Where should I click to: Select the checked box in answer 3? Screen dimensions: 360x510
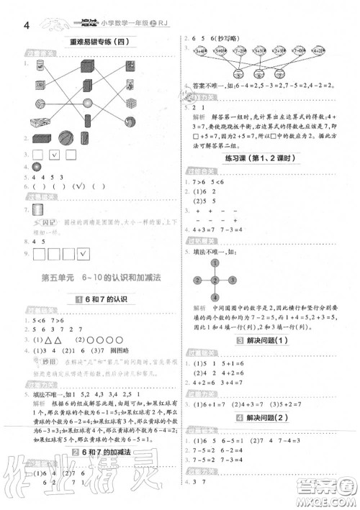[54, 154]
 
